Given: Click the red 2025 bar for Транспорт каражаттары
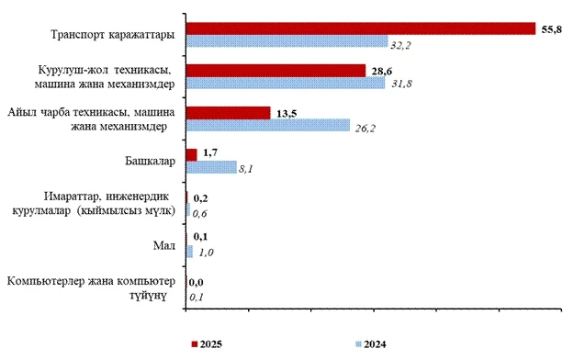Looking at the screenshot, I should (360, 28).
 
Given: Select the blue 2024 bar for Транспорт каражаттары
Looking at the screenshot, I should (287, 41).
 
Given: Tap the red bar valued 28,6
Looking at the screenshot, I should (275, 71).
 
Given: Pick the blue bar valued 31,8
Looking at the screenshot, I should (285, 84).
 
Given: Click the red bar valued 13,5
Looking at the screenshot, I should (228, 112).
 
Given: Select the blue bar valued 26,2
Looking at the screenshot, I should (267, 125).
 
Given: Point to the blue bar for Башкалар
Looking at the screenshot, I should (210, 167).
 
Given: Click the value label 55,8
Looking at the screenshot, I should (552, 29).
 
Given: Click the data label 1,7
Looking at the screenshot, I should (210, 153).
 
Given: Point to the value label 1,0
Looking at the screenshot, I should (207, 253).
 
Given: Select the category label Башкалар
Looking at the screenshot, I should (150, 161).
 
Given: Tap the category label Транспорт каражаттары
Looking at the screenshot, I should (113, 36).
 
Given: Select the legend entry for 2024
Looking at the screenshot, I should (369, 344).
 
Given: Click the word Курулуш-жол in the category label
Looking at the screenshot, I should (73, 70).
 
